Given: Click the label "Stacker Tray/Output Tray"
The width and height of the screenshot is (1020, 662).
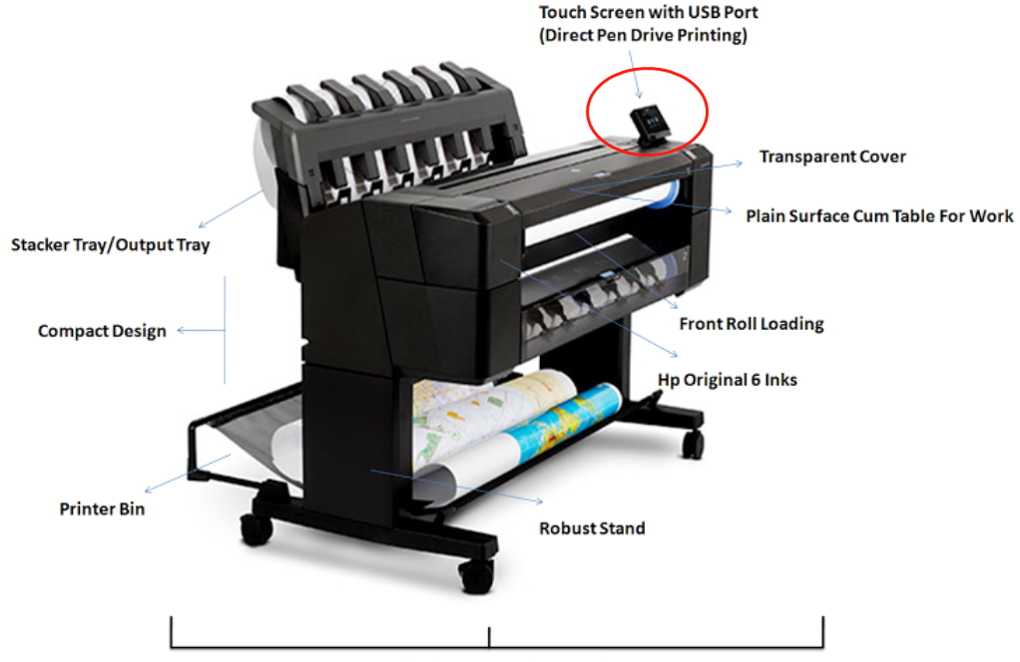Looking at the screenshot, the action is point(111,245).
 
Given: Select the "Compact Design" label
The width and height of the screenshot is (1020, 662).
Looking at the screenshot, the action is point(102,331).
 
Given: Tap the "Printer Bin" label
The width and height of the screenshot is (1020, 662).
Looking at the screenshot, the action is point(102,508).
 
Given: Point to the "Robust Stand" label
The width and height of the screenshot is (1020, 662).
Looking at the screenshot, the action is point(592,528).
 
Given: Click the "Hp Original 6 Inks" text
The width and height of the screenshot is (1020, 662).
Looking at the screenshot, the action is point(728,380).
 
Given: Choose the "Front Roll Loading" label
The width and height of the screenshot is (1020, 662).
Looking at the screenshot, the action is point(752,324).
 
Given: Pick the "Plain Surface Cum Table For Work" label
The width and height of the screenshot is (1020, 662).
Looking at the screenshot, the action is point(879,215).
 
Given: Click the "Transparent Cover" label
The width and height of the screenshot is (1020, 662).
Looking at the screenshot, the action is point(832,157).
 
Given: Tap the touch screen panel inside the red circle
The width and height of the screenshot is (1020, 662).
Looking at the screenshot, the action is point(650,123).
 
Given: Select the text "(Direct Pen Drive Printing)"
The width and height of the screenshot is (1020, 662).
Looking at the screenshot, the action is point(643,35).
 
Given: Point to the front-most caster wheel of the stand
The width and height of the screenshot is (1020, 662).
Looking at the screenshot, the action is point(477,575).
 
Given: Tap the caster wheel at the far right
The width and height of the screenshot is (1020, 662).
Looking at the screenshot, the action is point(693,444).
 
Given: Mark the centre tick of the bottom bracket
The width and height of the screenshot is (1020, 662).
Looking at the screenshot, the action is point(489,637).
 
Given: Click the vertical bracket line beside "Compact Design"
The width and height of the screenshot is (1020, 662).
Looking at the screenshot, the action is point(226,330).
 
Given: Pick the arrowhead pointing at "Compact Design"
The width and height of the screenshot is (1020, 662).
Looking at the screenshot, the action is point(181,331).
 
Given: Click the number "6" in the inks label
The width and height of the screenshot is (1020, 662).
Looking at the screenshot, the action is point(756,380).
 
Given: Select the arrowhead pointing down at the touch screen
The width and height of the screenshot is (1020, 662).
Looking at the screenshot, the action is point(639,95).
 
